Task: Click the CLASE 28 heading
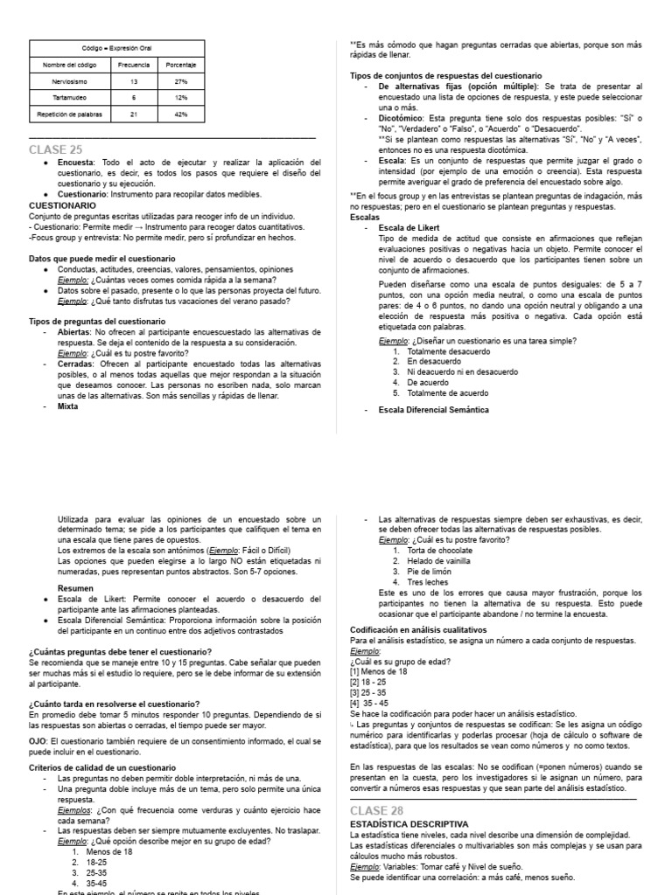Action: (x=379, y=811)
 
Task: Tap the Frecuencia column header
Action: (x=133, y=65)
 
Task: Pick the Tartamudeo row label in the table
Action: (x=67, y=97)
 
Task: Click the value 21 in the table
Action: (x=133, y=114)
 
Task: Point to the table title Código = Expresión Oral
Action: (x=116, y=48)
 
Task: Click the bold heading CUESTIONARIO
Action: (x=62, y=205)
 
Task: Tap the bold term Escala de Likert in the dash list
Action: (x=409, y=227)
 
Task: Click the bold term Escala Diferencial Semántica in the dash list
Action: (x=433, y=409)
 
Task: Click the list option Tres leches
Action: (x=427, y=581)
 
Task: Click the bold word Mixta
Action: (x=68, y=406)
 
